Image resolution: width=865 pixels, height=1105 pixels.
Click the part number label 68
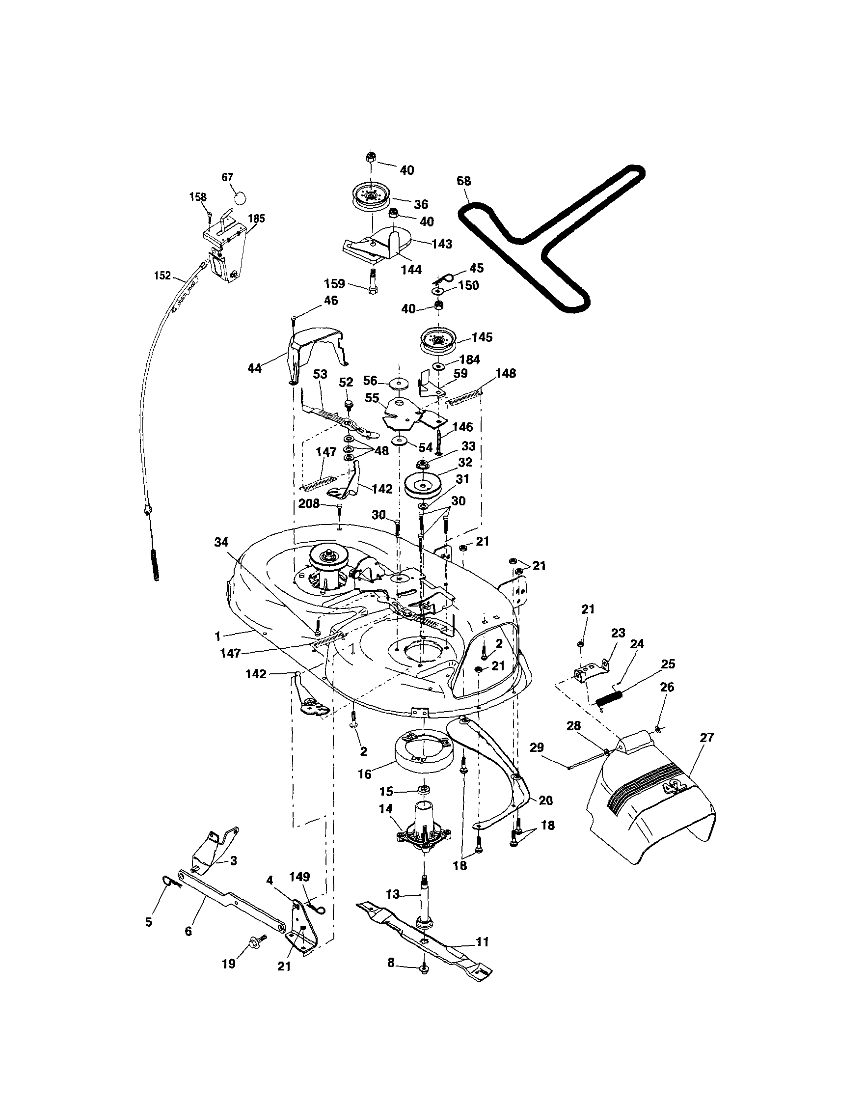[463, 181]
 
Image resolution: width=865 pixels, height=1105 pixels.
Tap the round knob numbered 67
[243, 197]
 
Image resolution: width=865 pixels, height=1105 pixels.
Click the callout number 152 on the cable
[162, 276]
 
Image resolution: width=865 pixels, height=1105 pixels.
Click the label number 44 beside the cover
[254, 368]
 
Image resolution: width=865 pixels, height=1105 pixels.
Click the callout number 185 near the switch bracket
[256, 219]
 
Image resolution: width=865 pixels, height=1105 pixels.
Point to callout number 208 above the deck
[309, 503]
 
